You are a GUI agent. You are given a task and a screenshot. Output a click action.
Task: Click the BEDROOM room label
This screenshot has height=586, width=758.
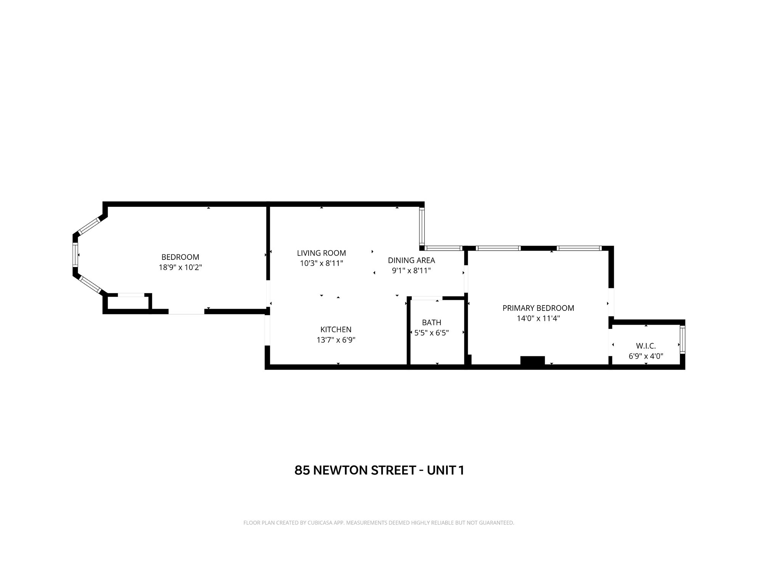[180, 257]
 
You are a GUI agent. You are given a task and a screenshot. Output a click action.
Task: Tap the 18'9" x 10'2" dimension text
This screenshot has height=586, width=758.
[180, 267]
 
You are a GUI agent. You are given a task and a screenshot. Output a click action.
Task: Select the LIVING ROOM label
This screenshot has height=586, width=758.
[321, 253]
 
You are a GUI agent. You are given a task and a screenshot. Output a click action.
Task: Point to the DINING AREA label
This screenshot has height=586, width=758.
[411, 260]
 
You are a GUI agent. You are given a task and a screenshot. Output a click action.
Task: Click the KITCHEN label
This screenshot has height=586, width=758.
[336, 329]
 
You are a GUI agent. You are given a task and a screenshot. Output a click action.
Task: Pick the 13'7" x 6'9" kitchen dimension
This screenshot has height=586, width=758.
[336, 340]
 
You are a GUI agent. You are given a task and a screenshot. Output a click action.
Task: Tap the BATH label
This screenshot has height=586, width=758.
[431, 322]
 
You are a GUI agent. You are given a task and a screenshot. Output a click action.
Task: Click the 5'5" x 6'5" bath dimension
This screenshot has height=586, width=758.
[431, 333]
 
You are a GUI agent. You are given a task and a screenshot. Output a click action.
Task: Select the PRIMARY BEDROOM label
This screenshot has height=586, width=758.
[538, 308]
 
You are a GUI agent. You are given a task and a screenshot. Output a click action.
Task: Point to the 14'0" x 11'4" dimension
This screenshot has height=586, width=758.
[538, 318]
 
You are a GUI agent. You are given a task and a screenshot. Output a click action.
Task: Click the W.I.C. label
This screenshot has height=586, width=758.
[646, 346]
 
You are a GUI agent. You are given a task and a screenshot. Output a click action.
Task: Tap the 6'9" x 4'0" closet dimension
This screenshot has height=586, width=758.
[646, 356]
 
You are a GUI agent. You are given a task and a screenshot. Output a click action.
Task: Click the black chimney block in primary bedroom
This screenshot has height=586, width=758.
[532, 361]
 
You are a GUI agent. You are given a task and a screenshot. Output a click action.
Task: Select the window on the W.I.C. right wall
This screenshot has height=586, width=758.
[682, 339]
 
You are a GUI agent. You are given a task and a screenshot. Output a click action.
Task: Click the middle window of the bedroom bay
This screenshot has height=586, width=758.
[75, 254]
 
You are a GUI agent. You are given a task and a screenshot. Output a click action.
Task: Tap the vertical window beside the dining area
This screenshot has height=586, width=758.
[422, 226]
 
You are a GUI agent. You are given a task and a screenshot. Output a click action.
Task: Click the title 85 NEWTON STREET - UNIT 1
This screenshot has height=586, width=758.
[379, 470]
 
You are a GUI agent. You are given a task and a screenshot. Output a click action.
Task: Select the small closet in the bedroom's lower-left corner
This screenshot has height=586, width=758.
[128, 303]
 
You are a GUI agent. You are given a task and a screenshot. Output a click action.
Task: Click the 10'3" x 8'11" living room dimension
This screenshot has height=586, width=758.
[321, 263]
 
